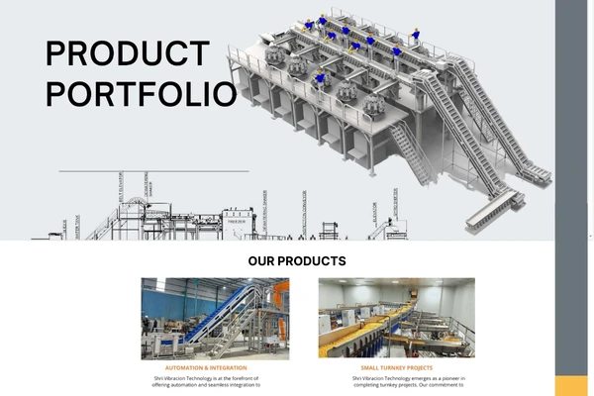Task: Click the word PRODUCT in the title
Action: click(128, 54)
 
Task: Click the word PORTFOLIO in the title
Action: click(142, 94)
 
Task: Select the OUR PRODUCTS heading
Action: click(297, 261)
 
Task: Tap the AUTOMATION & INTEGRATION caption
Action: click(206, 368)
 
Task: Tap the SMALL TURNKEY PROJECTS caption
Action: click(396, 368)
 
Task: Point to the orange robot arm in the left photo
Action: click(281, 297)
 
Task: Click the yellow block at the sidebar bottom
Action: click(571, 386)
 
